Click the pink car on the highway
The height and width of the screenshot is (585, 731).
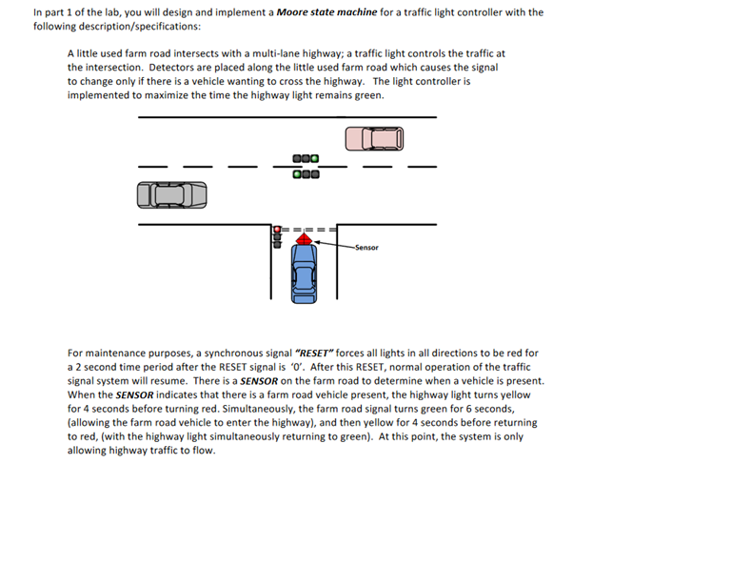(x=374, y=139)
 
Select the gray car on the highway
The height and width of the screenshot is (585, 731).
(x=171, y=195)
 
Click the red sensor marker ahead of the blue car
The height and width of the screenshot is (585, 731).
(x=303, y=239)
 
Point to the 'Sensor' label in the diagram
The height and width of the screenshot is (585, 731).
(x=366, y=248)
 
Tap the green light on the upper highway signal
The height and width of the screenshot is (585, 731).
(x=315, y=159)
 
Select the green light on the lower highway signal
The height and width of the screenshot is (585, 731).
(x=298, y=174)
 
